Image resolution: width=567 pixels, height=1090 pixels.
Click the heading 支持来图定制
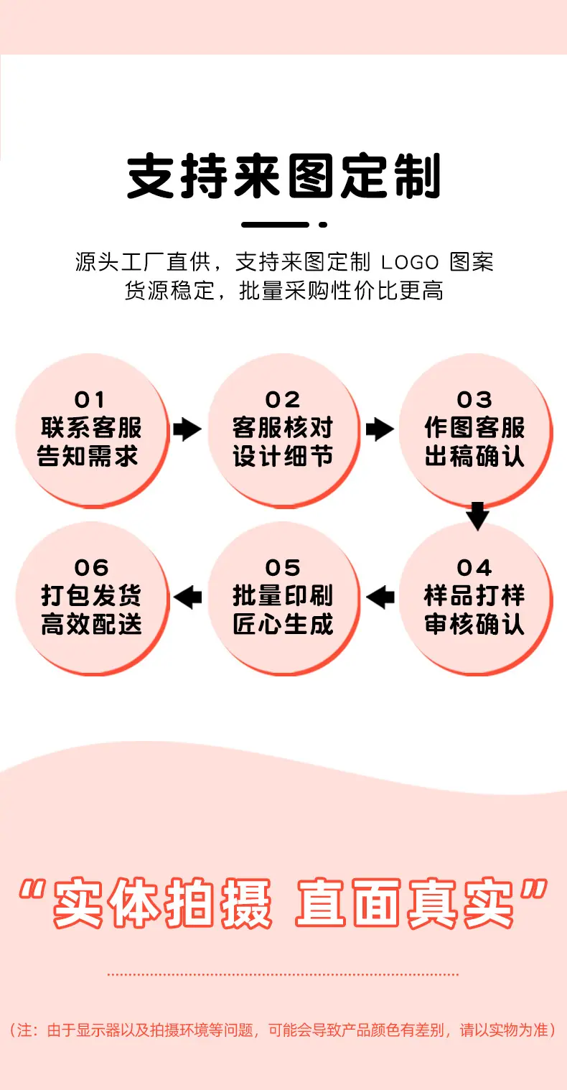(x=283, y=176)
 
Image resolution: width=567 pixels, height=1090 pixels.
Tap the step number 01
(x=90, y=400)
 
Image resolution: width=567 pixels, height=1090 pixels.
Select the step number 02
(x=283, y=400)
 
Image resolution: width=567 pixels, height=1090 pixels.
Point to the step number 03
(x=474, y=400)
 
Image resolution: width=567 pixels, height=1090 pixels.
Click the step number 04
(x=474, y=567)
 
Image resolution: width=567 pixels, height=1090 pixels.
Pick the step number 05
(x=283, y=567)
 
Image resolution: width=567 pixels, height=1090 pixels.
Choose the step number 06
(x=91, y=567)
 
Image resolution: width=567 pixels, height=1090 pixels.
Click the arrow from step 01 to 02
(x=187, y=429)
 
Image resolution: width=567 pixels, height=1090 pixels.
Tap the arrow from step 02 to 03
(x=380, y=429)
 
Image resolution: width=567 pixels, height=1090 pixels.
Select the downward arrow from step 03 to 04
(x=477, y=516)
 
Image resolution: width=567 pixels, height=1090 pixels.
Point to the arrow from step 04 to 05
(x=380, y=597)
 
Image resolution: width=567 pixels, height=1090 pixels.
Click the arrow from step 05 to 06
(x=187, y=597)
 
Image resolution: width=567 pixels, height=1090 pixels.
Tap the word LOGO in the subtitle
(x=410, y=263)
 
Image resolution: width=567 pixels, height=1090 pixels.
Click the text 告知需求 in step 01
(x=88, y=457)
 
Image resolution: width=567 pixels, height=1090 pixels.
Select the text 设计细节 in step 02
(x=283, y=457)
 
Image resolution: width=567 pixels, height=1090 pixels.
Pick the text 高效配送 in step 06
(x=91, y=624)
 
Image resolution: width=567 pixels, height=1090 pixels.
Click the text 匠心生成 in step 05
(x=283, y=624)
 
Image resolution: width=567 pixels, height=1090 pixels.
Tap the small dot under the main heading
(x=323, y=224)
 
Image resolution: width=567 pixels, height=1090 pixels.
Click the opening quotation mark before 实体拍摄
(x=32, y=890)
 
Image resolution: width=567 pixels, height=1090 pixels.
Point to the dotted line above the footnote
(x=283, y=974)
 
